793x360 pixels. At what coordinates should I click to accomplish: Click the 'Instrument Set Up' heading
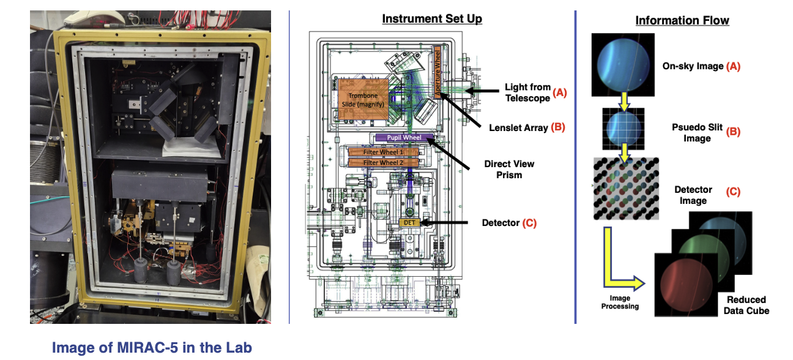pos(432,19)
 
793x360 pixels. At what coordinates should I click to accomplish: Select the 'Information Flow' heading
pos(682,21)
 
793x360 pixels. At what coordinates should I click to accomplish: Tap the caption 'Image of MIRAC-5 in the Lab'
pos(152,348)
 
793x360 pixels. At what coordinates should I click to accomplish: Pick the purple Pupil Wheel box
pos(402,138)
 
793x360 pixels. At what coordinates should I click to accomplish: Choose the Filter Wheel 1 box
pos(384,152)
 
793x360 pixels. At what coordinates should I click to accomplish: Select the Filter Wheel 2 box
pos(384,162)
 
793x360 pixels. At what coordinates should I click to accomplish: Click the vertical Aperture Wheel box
pos(437,71)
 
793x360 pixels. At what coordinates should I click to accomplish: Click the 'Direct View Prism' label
pos(509,169)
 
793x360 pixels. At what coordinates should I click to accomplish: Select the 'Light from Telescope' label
pos(527,92)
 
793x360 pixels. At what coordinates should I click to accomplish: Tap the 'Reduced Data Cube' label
pos(746,305)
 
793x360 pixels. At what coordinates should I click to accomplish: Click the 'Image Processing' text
pos(620,302)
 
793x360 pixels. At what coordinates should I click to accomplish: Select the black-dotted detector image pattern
pos(625,188)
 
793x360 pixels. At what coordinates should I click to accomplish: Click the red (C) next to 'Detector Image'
pos(733,192)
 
